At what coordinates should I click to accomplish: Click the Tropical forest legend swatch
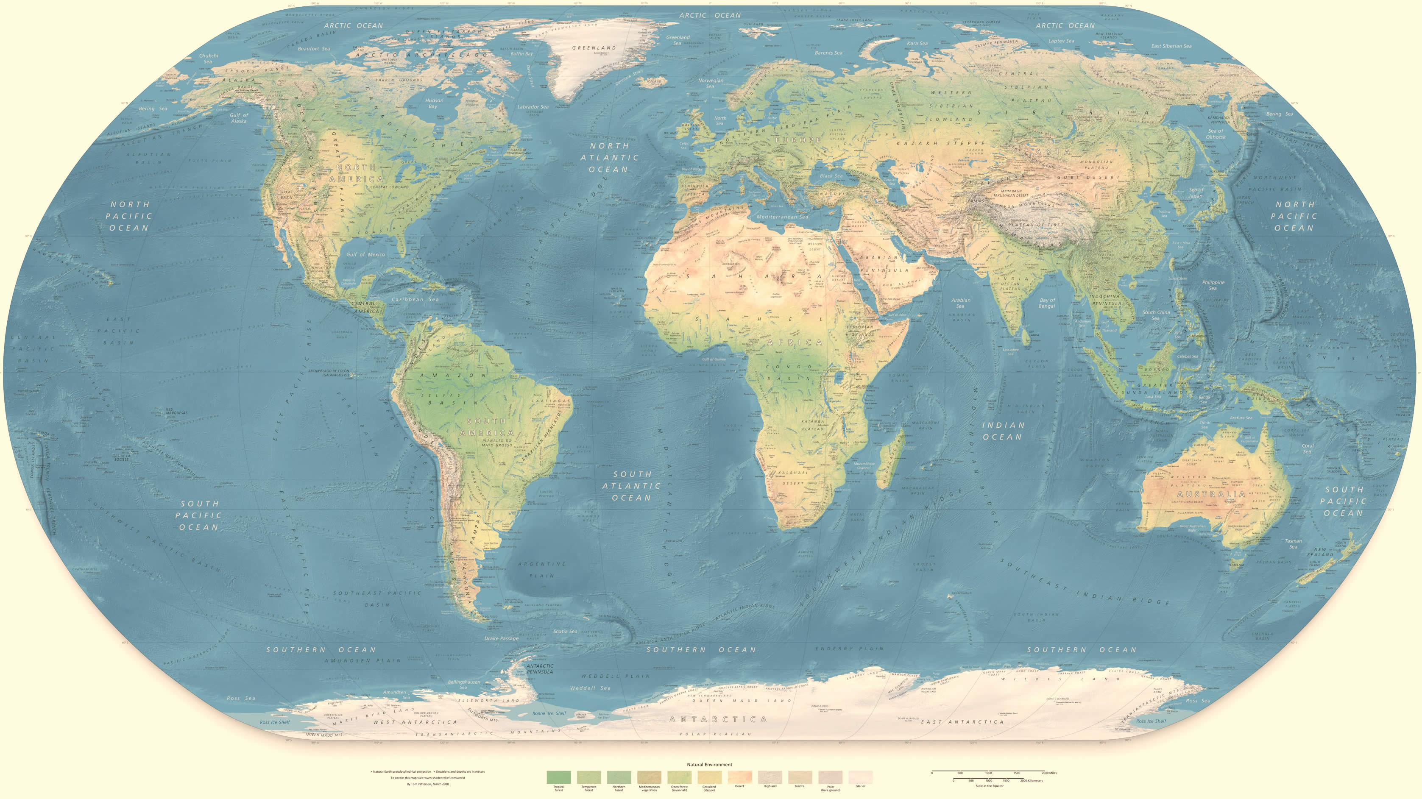point(559,777)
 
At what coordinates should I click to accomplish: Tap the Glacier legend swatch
point(860,777)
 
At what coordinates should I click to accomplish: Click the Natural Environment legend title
point(709,764)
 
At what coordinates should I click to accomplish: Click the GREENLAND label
point(594,48)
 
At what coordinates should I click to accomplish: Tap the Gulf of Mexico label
point(365,254)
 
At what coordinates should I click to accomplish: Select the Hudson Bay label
point(434,103)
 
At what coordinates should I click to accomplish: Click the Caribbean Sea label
point(415,299)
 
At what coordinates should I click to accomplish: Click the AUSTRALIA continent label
point(1210,494)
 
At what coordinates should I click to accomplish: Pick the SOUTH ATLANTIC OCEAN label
point(632,486)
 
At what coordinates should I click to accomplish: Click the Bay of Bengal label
point(1047,303)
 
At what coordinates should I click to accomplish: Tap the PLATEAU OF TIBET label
point(1035,225)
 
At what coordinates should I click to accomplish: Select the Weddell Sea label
point(590,688)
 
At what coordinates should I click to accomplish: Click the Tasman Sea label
point(1293,543)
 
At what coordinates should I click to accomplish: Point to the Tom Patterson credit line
point(427,784)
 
